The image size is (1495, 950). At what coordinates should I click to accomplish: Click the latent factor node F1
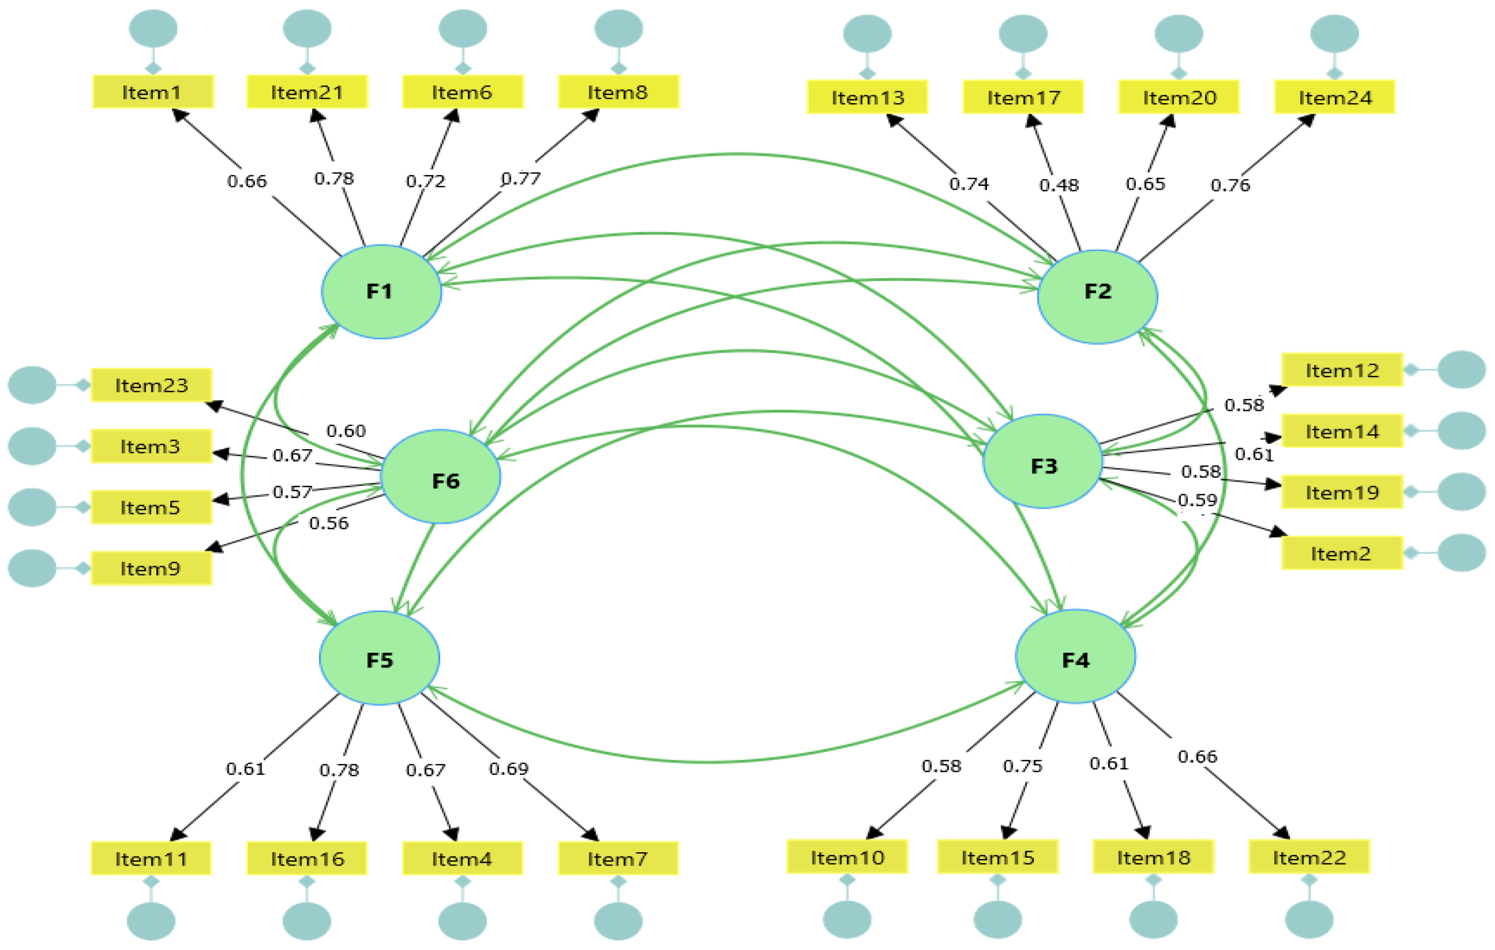click(x=381, y=291)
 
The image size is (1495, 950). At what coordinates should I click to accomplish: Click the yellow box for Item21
click(x=307, y=92)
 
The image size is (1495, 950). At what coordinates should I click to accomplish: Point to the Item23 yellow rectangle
click(x=151, y=385)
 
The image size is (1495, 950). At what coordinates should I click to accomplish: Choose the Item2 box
click(x=1341, y=553)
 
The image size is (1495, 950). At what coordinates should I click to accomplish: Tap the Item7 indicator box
click(x=618, y=859)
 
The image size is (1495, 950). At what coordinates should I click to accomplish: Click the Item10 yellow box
click(x=847, y=858)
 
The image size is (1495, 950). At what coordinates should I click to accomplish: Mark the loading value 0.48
click(x=1058, y=185)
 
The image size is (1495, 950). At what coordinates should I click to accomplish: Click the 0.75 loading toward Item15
click(x=1022, y=766)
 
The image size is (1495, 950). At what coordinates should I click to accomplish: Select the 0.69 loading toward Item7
click(x=508, y=768)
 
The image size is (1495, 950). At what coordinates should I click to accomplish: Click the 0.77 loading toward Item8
click(x=520, y=179)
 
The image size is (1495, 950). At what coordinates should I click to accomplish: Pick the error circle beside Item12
click(x=1462, y=370)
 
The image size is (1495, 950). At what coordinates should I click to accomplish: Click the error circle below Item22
click(x=1309, y=919)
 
